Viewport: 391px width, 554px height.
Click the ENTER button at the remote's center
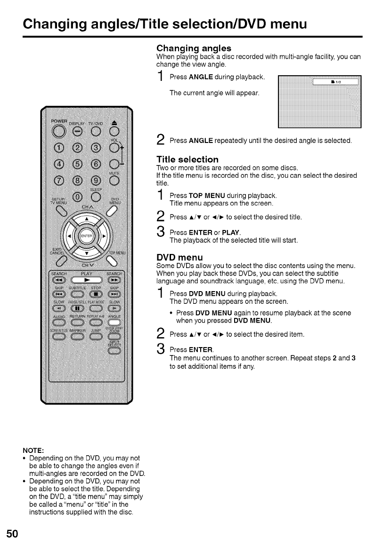coord(86,235)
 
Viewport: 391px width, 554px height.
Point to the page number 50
coord(12,533)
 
